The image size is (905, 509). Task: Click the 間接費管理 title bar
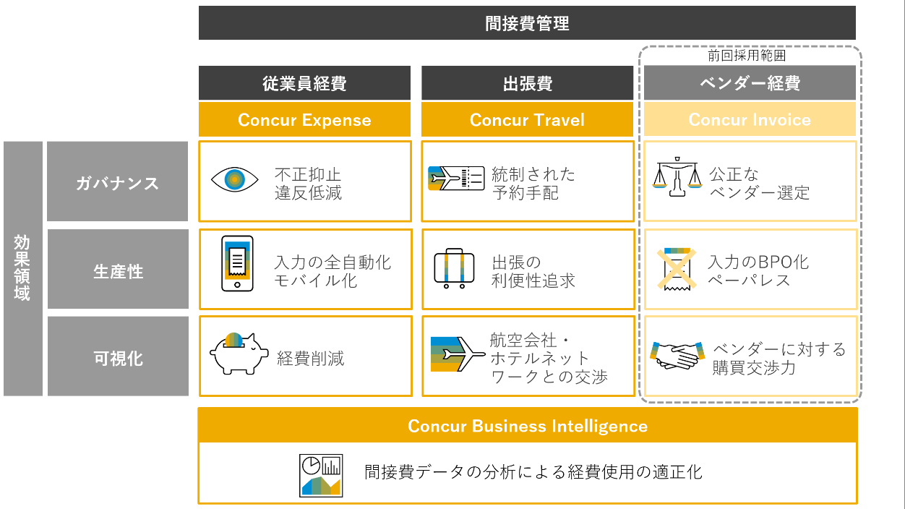click(x=527, y=23)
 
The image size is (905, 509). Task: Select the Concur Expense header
click(x=304, y=120)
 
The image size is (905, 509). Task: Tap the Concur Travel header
click(x=527, y=120)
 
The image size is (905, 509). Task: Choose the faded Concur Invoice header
click(x=750, y=120)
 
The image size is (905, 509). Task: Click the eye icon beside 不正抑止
click(x=234, y=179)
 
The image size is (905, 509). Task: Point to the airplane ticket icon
click(x=455, y=179)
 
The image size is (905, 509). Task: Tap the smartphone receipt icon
click(x=237, y=263)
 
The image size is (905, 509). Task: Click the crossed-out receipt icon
click(x=677, y=268)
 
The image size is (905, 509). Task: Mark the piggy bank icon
click(x=238, y=353)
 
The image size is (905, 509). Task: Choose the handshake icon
click(x=677, y=355)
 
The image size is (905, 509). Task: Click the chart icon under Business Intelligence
click(x=321, y=475)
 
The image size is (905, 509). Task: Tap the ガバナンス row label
click(x=117, y=183)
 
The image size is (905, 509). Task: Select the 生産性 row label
click(x=118, y=272)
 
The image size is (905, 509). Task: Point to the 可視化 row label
click(x=118, y=358)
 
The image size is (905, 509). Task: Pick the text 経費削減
click(x=311, y=358)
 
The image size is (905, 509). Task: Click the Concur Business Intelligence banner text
click(x=527, y=426)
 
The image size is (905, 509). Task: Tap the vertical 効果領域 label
click(x=22, y=268)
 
